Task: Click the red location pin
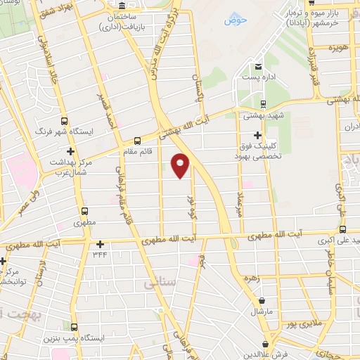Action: (x=181, y=165)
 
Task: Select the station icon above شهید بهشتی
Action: (x=263, y=103)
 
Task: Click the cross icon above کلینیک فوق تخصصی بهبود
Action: (x=258, y=134)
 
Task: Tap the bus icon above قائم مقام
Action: (x=137, y=139)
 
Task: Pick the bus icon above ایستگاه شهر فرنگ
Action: (x=65, y=121)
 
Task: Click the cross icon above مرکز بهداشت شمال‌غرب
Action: (x=70, y=151)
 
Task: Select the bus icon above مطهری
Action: (x=84, y=210)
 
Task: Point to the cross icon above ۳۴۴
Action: (x=101, y=245)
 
